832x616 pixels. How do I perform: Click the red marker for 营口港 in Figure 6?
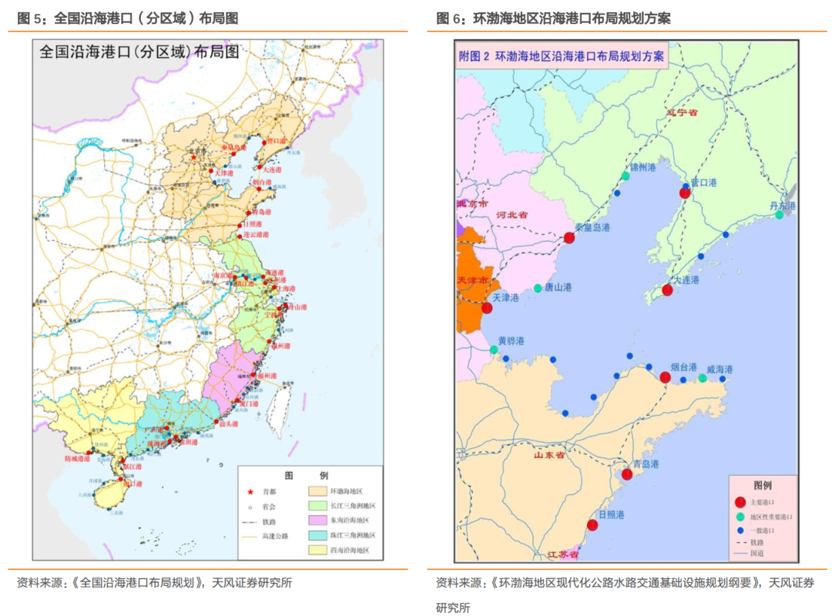(x=684, y=193)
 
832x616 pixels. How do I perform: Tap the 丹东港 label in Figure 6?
(x=783, y=206)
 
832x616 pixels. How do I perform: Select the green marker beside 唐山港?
(x=538, y=288)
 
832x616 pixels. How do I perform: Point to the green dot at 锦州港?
(x=626, y=176)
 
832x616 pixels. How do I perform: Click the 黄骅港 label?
(x=510, y=340)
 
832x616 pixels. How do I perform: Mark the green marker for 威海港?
(x=703, y=378)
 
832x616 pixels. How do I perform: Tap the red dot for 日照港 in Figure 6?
(x=592, y=525)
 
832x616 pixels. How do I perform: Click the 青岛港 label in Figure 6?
(x=646, y=464)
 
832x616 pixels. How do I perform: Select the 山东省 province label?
(x=550, y=455)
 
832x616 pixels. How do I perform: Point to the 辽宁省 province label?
(x=682, y=112)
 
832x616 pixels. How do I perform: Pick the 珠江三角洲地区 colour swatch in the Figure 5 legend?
(x=317, y=534)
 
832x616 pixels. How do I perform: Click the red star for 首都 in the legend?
(x=250, y=491)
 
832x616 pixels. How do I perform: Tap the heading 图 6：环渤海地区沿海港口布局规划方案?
(x=553, y=18)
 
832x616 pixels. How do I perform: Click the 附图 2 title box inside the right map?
(x=561, y=56)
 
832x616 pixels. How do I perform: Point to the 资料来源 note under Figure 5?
(x=154, y=583)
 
